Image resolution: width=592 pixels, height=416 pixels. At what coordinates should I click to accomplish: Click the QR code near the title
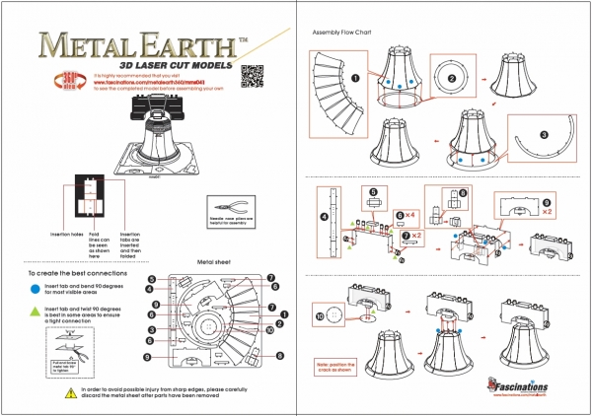tap(253, 76)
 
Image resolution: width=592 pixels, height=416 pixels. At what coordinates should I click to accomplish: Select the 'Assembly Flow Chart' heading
tap(340, 32)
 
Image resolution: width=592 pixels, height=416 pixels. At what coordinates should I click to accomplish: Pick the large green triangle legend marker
tap(34, 312)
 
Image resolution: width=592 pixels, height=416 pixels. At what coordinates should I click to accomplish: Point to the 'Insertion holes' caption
tap(65, 234)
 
